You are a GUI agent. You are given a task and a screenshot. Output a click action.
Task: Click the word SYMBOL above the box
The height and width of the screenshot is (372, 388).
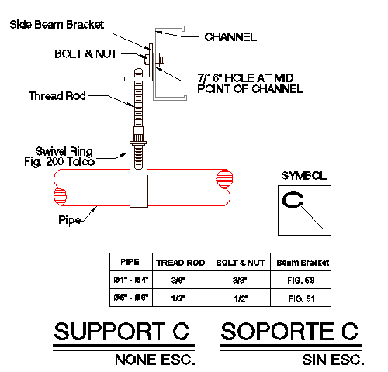pyautogui.click(x=303, y=175)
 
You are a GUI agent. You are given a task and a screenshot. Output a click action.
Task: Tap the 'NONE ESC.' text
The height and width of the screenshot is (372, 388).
pyautogui.click(x=154, y=360)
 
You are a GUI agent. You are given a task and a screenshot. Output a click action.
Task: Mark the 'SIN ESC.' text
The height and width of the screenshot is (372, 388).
pyautogui.click(x=331, y=360)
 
